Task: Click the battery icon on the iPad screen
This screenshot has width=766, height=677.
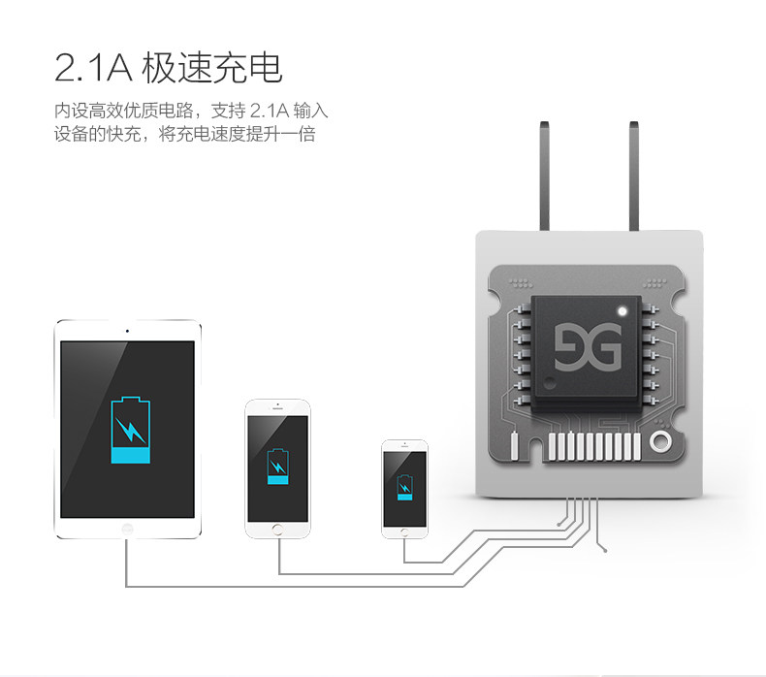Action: click(x=130, y=431)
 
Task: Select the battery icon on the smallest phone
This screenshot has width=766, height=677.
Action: click(x=403, y=486)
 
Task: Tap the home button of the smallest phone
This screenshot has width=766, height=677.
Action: click(x=404, y=531)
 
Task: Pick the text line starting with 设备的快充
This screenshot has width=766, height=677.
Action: click(x=185, y=135)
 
